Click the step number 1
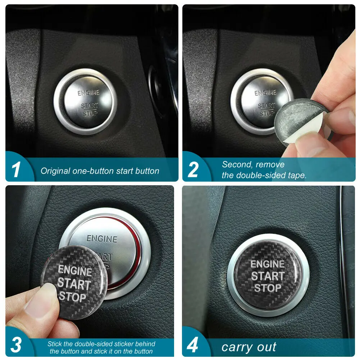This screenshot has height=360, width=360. [x=16, y=170]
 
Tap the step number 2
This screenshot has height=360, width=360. [x=193, y=170]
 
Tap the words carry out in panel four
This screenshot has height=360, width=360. [x=249, y=347]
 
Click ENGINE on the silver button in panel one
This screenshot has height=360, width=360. [x=88, y=93]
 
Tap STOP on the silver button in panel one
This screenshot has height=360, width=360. [x=90, y=114]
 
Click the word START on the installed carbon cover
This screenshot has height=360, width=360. [x=268, y=276]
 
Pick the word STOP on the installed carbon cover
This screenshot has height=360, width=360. [x=268, y=288]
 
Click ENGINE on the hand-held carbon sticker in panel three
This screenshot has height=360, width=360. [x=75, y=270]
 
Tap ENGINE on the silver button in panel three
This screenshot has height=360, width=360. [x=102, y=239]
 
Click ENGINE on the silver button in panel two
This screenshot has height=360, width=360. [x=265, y=93]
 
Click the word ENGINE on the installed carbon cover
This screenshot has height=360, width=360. [x=268, y=264]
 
